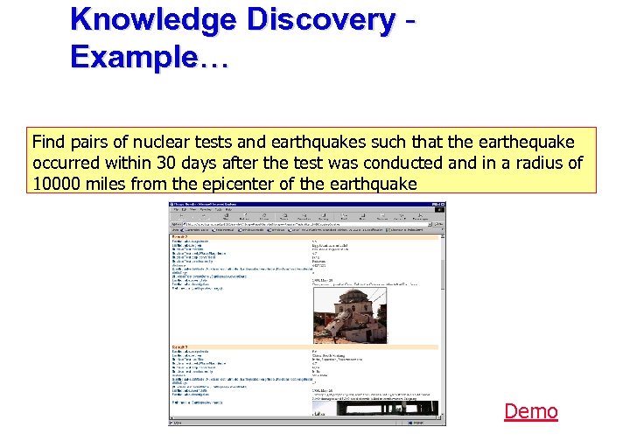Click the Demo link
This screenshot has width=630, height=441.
click(x=531, y=411)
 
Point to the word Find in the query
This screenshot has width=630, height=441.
click(x=48, y=142)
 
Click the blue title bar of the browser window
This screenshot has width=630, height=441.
click(x=306, y=206)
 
